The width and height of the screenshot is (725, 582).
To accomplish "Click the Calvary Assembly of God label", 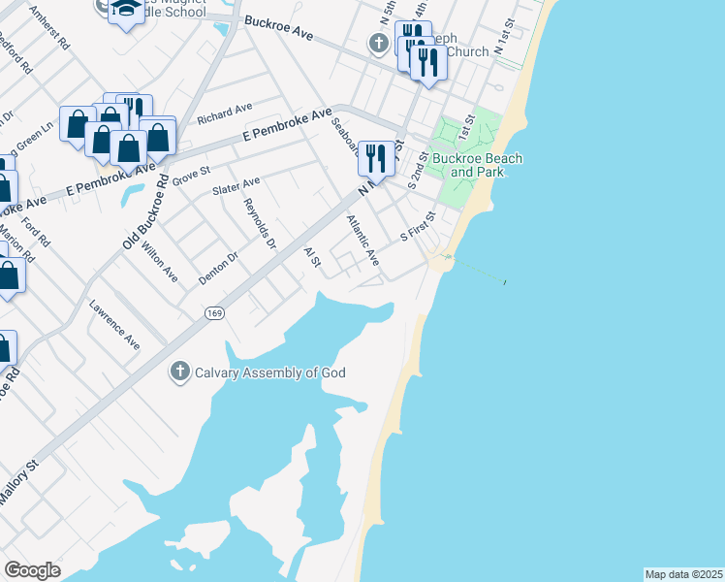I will click(x=270, y=372).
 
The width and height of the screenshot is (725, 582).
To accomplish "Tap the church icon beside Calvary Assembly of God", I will click(x=179, y=372).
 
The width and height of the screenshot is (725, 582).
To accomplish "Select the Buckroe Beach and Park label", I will click(x=477, y=165).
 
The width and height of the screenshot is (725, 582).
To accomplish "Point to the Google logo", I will click(x=32, y=570).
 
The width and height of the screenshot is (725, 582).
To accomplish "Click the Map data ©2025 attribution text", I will click(x=683, y=573).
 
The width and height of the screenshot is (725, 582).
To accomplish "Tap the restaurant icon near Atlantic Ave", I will click(x=375, y=157).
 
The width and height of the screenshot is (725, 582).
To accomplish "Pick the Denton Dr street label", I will click(x=218, y=268).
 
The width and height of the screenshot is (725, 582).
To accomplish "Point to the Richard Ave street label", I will click(x=225, y=113).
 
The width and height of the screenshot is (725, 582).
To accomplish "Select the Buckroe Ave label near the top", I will click(x=279, y=27).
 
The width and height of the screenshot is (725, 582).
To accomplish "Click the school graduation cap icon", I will click(x=124, y=10).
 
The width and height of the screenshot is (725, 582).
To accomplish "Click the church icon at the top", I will click(x=379, y=44).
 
